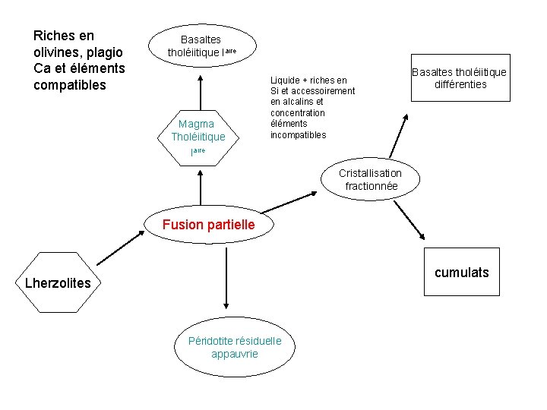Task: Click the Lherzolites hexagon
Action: point(57,282)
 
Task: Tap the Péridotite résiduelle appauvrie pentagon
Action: point(235,347)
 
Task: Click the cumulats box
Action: point(461,272)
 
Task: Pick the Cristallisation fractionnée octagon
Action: point(371,180)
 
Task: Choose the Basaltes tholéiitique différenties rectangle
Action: point(459,78)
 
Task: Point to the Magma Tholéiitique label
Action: point(198,130)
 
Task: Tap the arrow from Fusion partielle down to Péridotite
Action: point(226,277)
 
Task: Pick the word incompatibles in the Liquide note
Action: point(298,135)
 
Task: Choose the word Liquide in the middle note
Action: point(285,80)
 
